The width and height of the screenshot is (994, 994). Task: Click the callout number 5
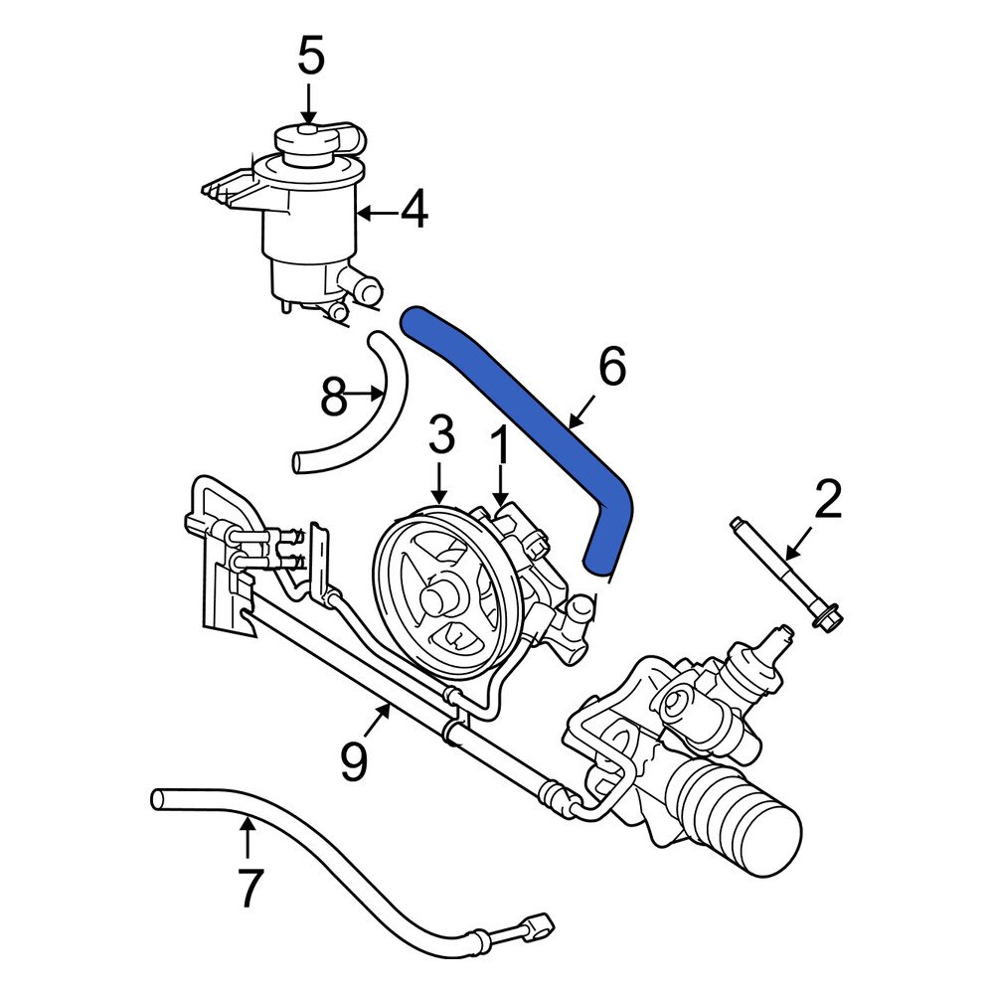pos(310,57)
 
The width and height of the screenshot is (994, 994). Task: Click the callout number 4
pos(414,211)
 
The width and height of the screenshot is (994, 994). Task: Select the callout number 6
pos(612,368)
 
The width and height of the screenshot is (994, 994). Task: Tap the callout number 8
pos(334,399)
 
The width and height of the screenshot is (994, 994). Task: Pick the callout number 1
pos(500,447)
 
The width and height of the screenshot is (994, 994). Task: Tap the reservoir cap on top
pos(306,140)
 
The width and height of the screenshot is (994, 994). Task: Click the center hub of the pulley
pos(437,599)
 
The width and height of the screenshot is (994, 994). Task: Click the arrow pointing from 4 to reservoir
pos(374,212)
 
